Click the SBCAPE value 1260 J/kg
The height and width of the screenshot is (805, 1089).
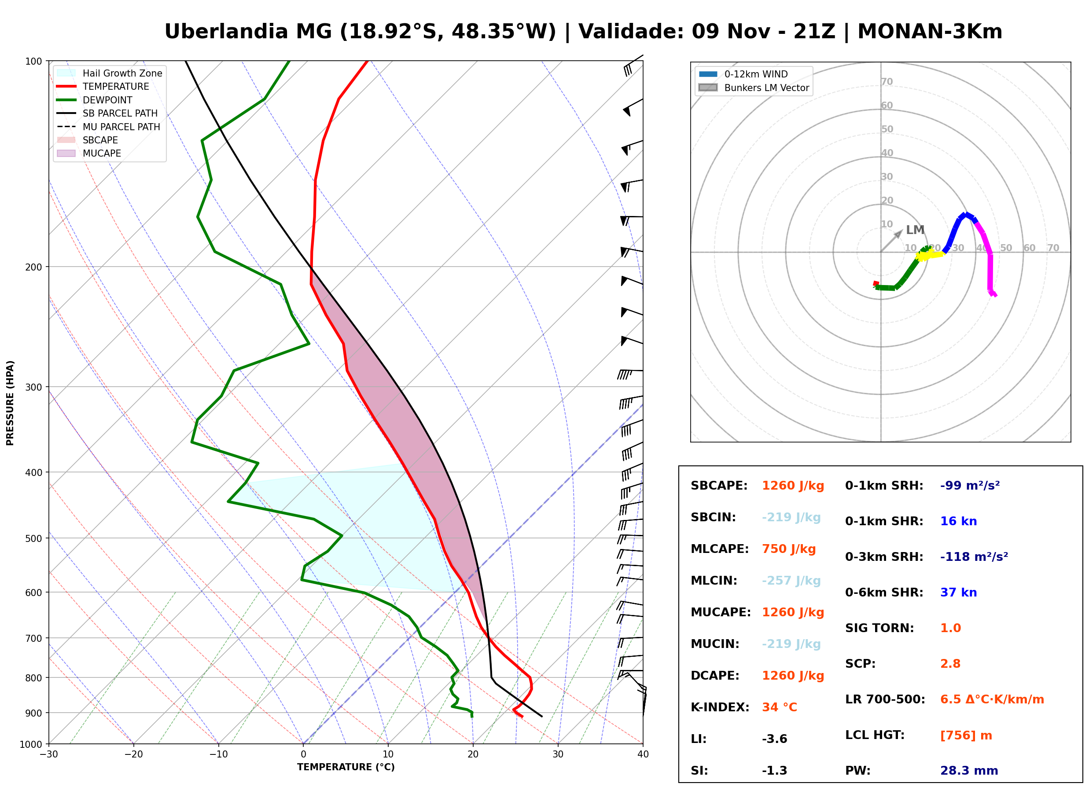point(793,486)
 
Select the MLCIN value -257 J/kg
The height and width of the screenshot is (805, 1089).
point(791,581)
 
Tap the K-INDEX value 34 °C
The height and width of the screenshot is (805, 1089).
point(780,707)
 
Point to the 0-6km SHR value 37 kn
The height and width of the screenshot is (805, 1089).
point(958,593)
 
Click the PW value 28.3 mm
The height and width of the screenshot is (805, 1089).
point(969,771)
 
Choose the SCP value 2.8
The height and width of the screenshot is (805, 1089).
point(950,664)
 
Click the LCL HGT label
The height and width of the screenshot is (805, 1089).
point(875,735)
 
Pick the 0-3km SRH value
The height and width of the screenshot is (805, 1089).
point(974,556)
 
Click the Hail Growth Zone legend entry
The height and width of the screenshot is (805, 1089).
point(110,73)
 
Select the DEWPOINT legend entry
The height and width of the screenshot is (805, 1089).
point(95,100)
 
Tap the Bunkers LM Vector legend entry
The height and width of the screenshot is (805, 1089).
point(754,88)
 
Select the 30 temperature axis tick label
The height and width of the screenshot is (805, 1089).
point(558,754)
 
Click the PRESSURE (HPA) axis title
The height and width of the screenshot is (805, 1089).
point(10,403)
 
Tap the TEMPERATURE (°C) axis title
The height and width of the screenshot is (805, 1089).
point(346,767)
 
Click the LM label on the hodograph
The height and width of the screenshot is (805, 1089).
point(915,230)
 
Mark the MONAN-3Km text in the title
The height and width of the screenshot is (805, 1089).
point(930,32)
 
